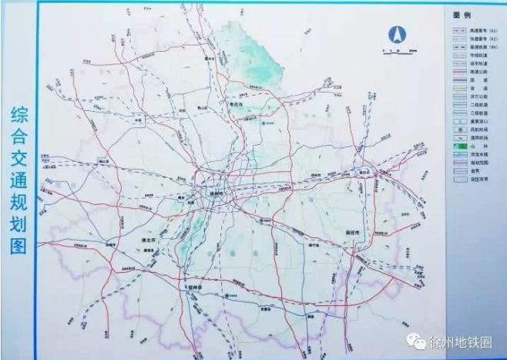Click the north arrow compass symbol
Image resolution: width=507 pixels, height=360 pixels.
[398, 35]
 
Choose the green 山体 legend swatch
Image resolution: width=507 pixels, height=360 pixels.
[455, 146]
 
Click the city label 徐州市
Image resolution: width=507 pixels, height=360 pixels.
[216, 194]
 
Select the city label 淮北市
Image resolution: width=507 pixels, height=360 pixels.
[146, 240]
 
